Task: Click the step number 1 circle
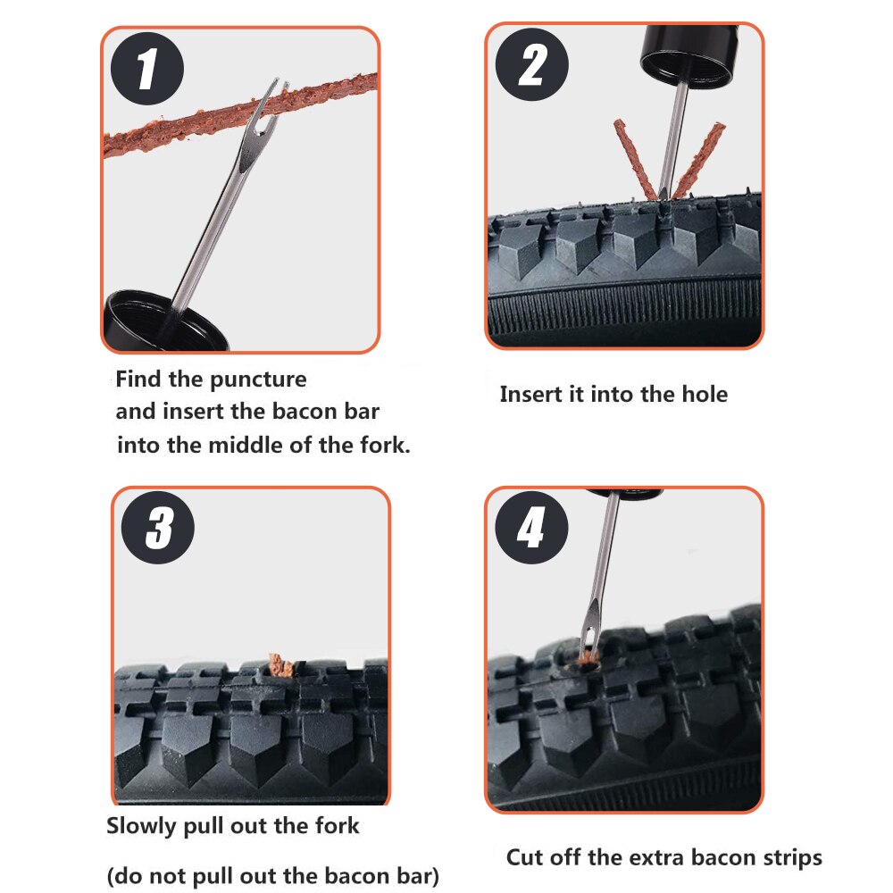[x=146, y=70]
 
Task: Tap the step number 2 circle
[x=532, y=64]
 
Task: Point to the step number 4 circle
[x=530, y=529]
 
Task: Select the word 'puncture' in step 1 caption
[x=258, y=380]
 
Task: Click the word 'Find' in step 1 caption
[x=139, y=380]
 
